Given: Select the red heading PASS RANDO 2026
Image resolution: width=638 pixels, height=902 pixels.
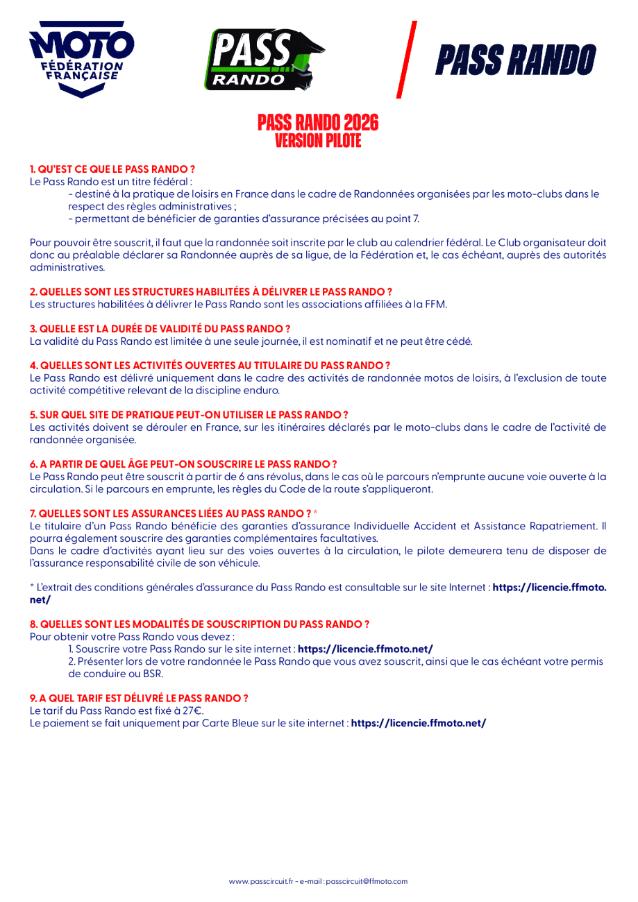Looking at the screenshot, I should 319,124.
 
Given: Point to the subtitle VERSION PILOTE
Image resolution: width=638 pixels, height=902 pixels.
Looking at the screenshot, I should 319,139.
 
